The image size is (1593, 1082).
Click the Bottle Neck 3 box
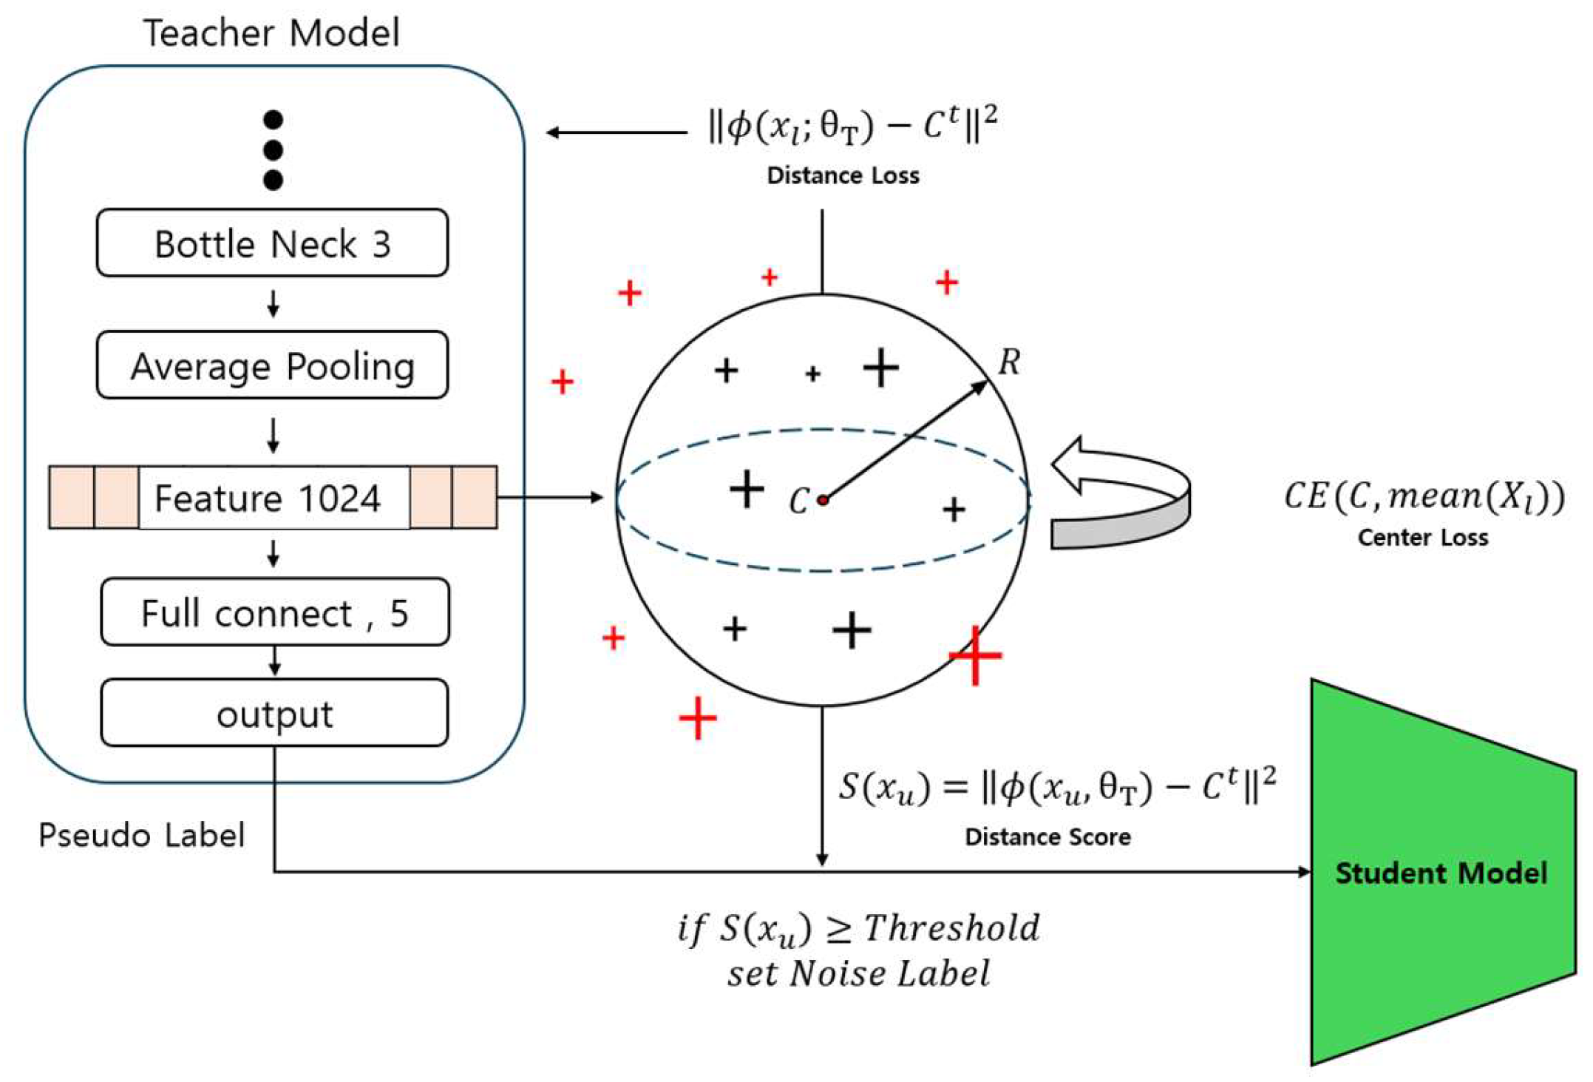coord(272,243)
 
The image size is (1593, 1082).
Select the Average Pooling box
coord(272,365)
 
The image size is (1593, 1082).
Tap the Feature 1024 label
coord(268,498)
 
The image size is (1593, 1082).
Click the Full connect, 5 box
coord(275,612)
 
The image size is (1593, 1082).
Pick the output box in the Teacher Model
coord(275,713)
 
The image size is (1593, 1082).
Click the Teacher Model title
coord(271,33)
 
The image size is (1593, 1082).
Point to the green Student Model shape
coord(1441,873)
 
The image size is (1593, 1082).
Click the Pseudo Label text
coord(141,835)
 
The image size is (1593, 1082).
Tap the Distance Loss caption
coord(843,175)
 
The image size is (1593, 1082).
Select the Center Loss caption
coord(1423,537)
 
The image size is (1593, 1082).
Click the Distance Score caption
coord(1048,836)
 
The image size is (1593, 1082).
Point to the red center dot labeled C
coord(823,501)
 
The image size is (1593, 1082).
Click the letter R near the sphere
coord(1010,362)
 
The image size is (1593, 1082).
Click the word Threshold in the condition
coord(952,927)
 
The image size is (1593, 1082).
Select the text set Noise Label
coord(858,973)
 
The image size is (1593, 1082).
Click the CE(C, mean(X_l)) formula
coord(1424,496)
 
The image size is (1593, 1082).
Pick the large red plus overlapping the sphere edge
coord(976,655)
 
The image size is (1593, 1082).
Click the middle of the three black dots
coord(273,150)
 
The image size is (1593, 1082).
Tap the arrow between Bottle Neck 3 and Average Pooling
coord(274,303)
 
